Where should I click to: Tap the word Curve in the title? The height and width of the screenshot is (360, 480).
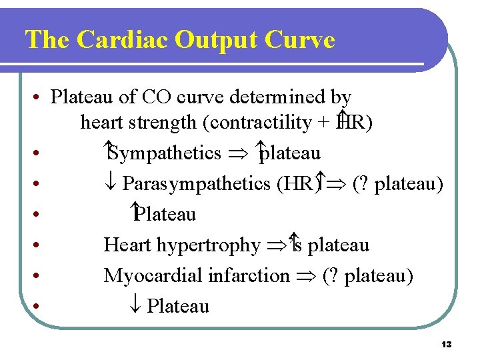pos(299,40)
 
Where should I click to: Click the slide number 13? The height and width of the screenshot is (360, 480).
pos(446,345)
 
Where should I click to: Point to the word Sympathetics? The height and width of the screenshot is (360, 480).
pos(164,153)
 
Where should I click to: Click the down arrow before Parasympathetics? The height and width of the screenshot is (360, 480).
pos(112,183)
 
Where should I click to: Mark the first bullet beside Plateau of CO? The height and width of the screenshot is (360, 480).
pos(33,98)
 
